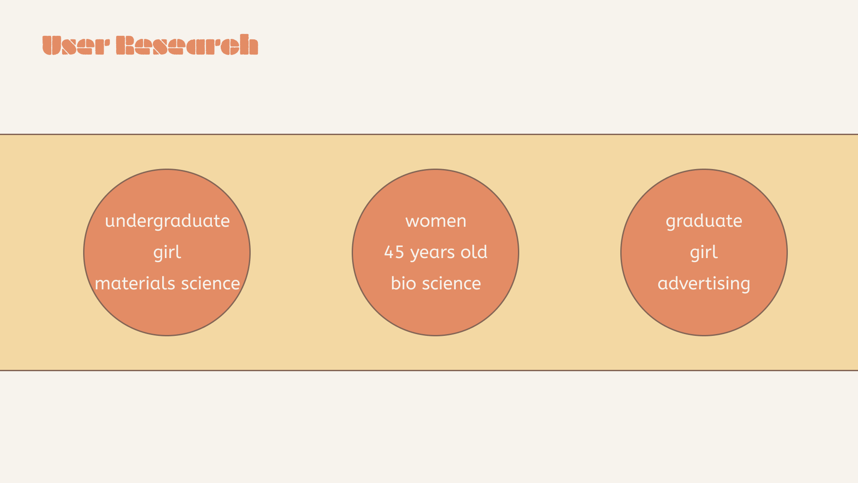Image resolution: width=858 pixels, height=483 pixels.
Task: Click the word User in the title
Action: tap(76, 45)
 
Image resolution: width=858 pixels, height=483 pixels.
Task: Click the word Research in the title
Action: tap(187, 45)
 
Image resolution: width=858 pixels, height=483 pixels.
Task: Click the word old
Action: tap(474, 252)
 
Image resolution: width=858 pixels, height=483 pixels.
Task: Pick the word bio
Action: tap(404, 284)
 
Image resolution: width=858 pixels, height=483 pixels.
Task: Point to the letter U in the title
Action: tap(51, 45)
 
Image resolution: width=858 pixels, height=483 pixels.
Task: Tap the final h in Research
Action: tap(249, 44)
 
